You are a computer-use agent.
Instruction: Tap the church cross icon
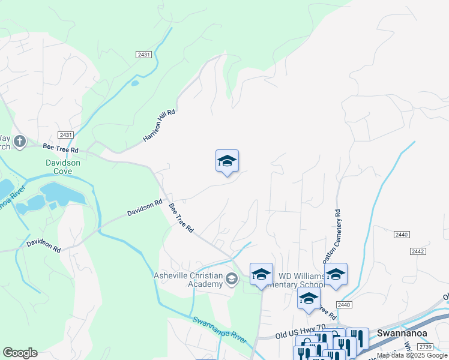coord(19,142)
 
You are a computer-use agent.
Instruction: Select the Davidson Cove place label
coord(67,167)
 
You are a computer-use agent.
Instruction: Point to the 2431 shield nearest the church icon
coord(66,135)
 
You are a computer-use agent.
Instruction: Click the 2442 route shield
coord(418,251)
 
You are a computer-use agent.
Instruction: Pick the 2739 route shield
coord(426,347)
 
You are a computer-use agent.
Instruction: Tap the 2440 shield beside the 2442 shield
coord(402,234)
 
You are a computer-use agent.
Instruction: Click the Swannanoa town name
coord(402,332)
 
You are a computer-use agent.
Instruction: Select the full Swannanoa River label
coord(220,329)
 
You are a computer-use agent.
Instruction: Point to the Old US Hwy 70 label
coord(300,335)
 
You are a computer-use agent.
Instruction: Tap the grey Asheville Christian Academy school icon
coord(232,278)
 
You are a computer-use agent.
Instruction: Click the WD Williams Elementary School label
coord(301,280)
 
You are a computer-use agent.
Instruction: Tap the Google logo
coord(20,353)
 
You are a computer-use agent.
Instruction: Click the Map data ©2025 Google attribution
coord(412,355)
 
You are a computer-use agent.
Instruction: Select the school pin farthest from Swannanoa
coord(227,161)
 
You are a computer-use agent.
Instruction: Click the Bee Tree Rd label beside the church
coord(61,148)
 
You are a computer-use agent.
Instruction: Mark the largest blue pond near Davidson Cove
coord(62,194)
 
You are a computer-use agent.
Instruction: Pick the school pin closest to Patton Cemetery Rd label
coord(336,274)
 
